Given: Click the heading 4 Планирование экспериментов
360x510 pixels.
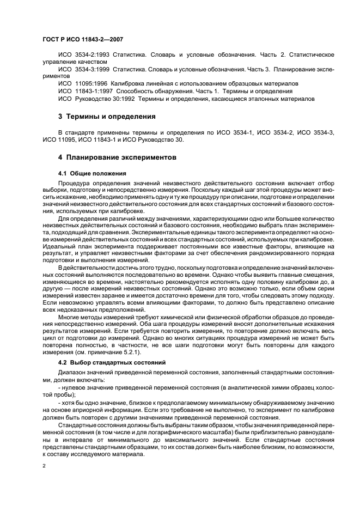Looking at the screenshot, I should coord(117,157).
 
